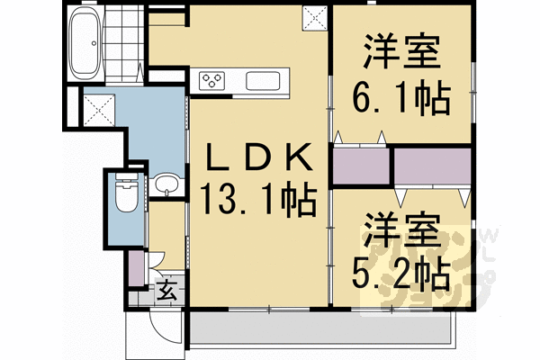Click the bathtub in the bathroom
coord(85,45)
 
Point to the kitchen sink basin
coord(263,81)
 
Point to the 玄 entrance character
coord(167,291)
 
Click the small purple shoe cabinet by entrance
coord(136,266)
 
